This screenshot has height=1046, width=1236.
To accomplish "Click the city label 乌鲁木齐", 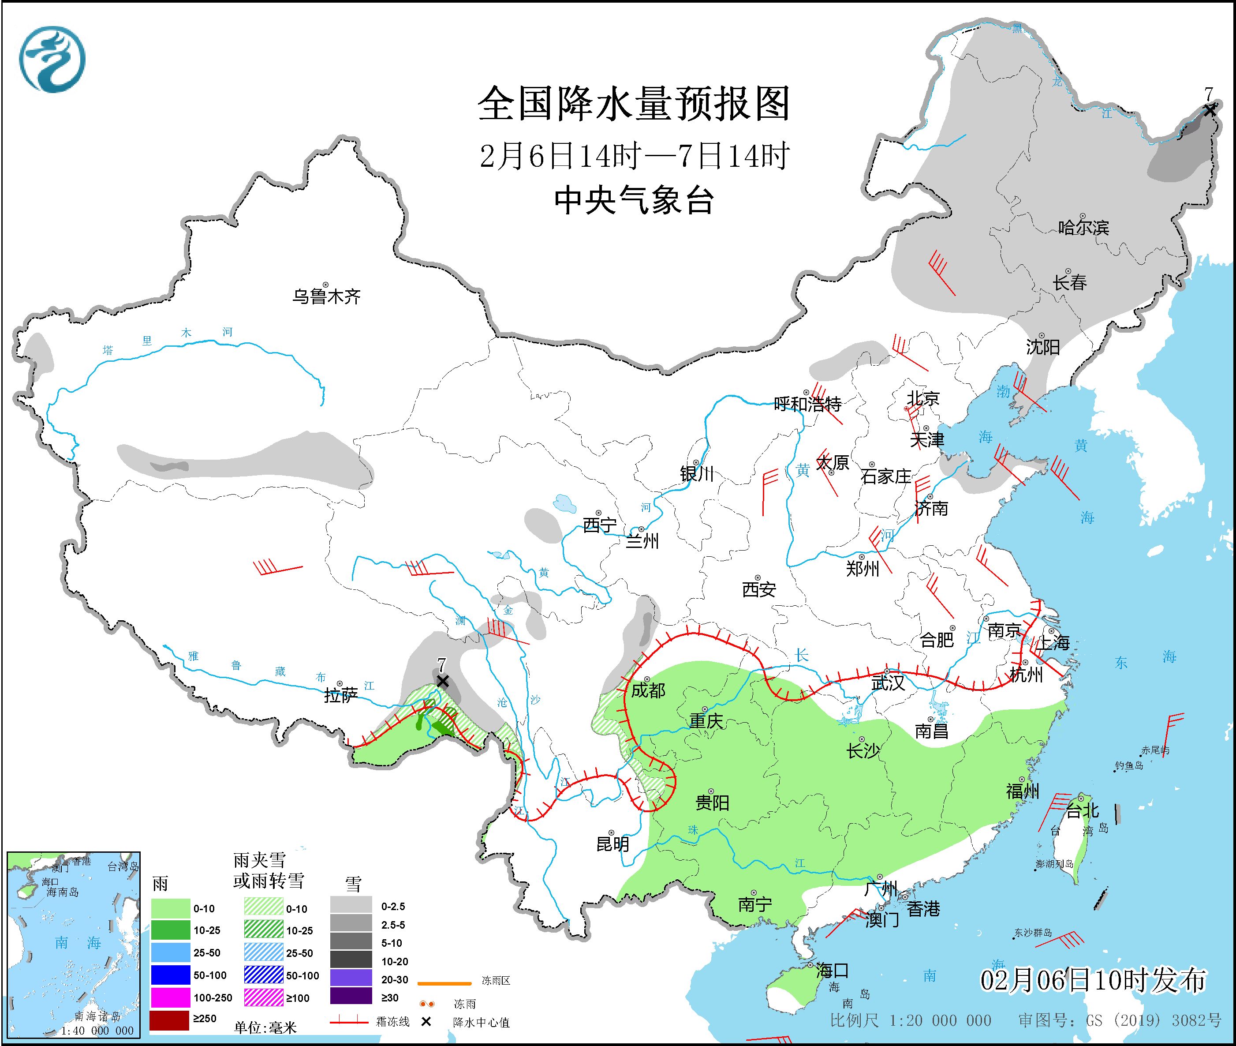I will point(326,296).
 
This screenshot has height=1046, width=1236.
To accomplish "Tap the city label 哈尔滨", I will point(1083,227).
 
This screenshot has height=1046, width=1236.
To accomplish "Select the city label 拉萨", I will point(341,695).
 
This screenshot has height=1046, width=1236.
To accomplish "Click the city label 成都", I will point(648,690).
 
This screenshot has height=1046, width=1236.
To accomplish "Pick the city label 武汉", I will point(888,683).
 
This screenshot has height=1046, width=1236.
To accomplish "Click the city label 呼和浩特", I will point(807,405).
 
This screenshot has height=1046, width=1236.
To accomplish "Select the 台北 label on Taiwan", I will point(1083,810).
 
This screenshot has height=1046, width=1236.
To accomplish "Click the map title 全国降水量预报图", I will point(634,104).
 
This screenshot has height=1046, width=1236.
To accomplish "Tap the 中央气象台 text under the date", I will point(634,200).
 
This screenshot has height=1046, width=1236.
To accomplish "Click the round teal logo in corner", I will point(52,59).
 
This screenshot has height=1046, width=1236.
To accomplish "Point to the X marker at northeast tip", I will point(1210,110).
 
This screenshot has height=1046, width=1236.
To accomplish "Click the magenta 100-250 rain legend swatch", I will point(169,998).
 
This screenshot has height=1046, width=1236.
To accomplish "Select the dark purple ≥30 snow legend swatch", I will point(351,997).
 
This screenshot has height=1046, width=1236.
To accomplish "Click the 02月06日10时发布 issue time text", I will point(1092,980).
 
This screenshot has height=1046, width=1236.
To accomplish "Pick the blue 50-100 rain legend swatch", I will point(169,975).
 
